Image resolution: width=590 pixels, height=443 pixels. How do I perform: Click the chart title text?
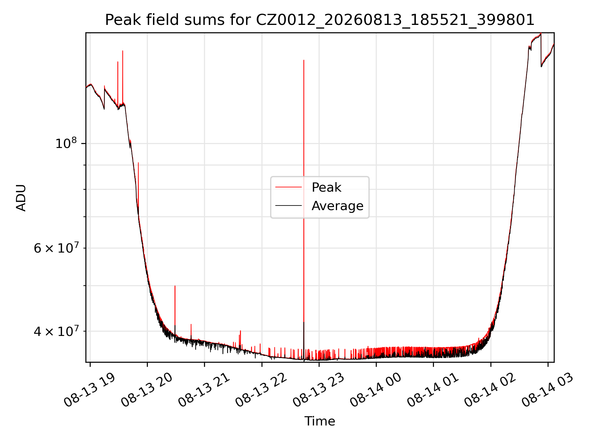[320, 20]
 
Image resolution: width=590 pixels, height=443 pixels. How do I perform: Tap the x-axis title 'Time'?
[320, 421]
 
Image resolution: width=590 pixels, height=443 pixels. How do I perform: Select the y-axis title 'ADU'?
[21, 198]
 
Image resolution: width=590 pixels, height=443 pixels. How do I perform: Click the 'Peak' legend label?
[326, 187]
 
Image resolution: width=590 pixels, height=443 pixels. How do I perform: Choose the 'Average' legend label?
[337, 206]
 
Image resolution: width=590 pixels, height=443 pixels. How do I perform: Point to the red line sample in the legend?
[289, 187]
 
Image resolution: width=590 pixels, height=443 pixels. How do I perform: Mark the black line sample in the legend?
[289, 206]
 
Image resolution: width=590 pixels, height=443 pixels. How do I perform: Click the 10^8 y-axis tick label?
[66, 143]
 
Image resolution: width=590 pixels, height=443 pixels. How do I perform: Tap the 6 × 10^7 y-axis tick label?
[56, 248]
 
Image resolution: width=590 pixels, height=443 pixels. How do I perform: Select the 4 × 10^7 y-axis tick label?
[56, 331]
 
